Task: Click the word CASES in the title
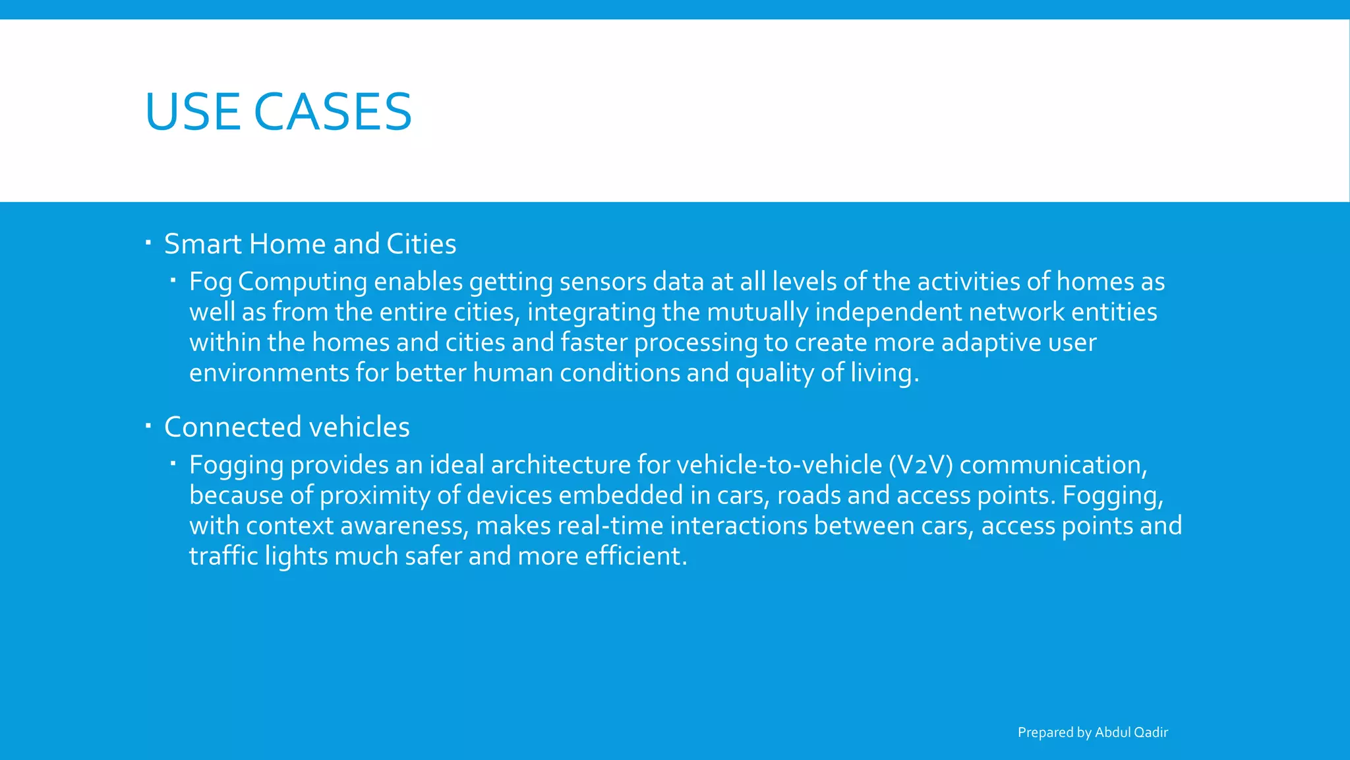(332, 111)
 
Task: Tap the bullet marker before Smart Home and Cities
(148, 243)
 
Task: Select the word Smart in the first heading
(203, 244)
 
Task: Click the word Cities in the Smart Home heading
(421, 244)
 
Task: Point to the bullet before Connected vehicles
(148, 426)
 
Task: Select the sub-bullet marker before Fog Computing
(172, 281)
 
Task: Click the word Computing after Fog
(303, 282)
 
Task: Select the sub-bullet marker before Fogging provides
(172, 464)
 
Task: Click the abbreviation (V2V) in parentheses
(921, 465)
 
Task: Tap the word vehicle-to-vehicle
(779, 465)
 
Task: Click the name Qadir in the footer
(1150, 732)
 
